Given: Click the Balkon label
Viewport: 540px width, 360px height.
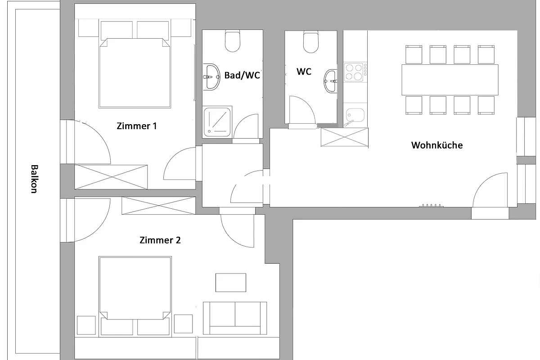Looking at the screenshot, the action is [x=34, y=179].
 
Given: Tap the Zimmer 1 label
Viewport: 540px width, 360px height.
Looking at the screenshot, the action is [x=136, y=126].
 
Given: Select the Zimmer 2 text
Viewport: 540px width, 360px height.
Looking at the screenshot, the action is [x=160, y=240].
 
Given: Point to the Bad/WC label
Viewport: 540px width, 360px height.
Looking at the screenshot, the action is [x=242, y=75].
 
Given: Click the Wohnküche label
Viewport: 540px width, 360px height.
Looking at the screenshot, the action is [x=437, y=145].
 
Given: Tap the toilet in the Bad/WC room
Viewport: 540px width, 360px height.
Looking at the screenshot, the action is [x=232, y=41].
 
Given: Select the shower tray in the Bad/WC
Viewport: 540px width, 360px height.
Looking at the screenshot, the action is [x=217, y=122].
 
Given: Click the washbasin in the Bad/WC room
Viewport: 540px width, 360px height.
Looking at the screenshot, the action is [x=211, y=77].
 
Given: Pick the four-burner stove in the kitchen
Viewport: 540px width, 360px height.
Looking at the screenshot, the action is [x=355, y=72].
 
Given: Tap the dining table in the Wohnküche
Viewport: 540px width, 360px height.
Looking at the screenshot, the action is [x=450, y=80].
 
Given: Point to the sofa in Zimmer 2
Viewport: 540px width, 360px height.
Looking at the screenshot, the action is [x=235, y=318].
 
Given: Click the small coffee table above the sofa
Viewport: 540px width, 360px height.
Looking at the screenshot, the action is [x=231, y=282].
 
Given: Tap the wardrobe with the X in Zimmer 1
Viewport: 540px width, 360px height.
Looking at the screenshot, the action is [x=111, y=177].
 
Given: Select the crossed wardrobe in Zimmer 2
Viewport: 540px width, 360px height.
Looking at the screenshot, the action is [x=158, y=206].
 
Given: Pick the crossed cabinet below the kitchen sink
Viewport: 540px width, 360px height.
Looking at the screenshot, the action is [x=345, y=137].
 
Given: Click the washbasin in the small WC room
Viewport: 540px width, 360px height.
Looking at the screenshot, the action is [x=330, y=81].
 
